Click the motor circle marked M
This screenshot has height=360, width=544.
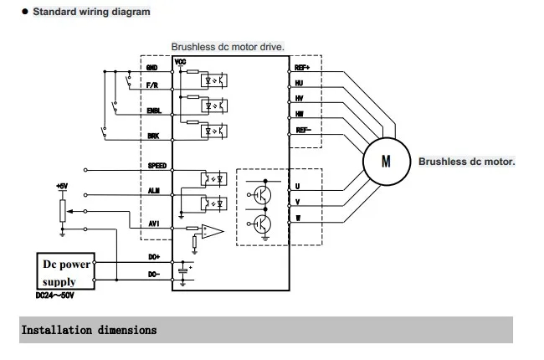[x=385, y=161]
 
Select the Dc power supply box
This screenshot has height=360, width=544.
[x=66, y=270]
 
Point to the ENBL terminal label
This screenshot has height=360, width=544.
[x=153, y=111]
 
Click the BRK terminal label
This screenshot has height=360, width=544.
[x=152, y=135]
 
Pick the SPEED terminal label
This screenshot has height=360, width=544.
[x=157, y=166]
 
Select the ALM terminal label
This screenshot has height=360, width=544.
[x=154, y=191]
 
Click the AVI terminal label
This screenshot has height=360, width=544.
[x=153, y=224]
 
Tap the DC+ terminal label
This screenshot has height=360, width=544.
[x=154, y=257]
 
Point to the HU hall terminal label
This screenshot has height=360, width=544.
[x=300, y=83]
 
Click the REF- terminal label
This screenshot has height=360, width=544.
[x=304, y=131]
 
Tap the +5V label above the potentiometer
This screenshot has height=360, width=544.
[x=61, y=185]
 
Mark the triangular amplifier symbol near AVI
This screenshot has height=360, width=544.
[x=215, y=230]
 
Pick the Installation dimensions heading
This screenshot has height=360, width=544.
[x=88, y=330]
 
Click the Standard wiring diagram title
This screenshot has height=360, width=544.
[x=91, y=12]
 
